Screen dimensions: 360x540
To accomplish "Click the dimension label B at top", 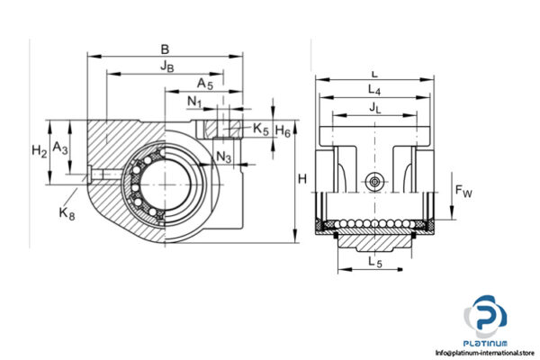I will (x=164, y=49).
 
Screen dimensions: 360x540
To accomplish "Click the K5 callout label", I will (x=260, y=130).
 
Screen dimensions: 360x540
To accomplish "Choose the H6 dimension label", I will (x=283, y=131).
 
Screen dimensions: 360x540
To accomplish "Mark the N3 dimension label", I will (x=224, y=158).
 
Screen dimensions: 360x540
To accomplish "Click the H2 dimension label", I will (x=38, y=150).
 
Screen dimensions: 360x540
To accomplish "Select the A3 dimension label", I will (x=59, y=146).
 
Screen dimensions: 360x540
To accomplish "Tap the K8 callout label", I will (x=66, y=212).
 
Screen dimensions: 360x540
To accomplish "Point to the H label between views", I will (x=302, y=180).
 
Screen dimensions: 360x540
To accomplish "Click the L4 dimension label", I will (x=374, y=91).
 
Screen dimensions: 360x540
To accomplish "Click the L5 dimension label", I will (x=373, y=263).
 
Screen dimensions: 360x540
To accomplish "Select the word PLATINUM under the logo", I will (x=486, y=343).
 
